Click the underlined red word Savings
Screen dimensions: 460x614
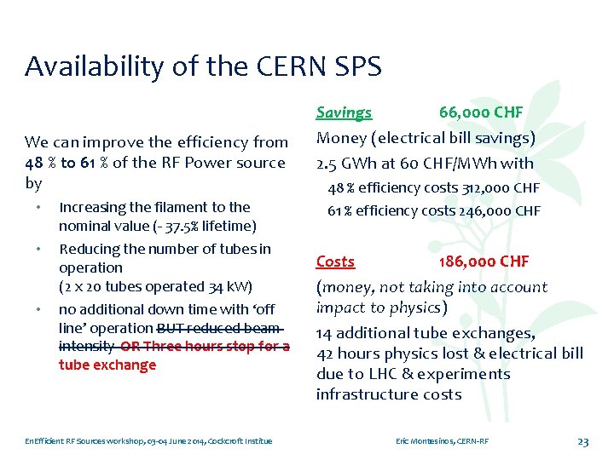[344, 112]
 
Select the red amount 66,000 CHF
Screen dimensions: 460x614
[481, 112]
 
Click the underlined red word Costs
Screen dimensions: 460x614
[335, 262]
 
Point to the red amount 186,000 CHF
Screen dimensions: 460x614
[484, 262]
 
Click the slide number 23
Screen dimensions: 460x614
[583, 441]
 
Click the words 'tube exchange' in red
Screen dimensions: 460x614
[107, 365]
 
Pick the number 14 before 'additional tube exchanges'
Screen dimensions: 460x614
[325, 333]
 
